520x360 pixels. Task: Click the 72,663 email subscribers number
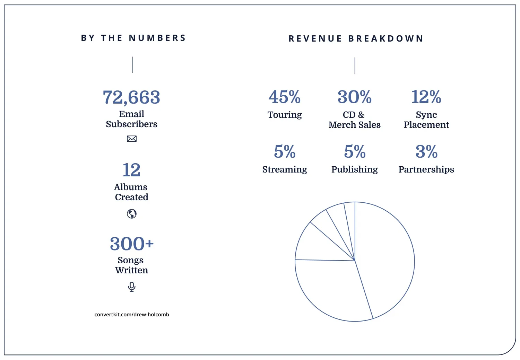coord(131,97)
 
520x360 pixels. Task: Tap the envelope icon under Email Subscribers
coord(132,139)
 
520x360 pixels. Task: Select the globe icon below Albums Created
coord(132,214)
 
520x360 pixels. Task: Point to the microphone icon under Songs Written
coord(132,287)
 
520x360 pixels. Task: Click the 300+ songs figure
coord(132,244)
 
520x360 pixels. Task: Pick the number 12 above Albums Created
coord(132,170)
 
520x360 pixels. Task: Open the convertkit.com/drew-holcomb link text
coord(132,315)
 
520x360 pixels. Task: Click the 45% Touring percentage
coord(285,97)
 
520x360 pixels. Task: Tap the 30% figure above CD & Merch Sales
coord(355,97)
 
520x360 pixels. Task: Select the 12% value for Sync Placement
coord(426,97)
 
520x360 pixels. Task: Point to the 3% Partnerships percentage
coord(426,152)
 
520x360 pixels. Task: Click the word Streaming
coord(285,169)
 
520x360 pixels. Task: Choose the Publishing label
coord(355,169)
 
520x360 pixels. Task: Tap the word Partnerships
coord(426,169)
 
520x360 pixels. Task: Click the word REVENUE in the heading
coord(315,38)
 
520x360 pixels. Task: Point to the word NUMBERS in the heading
coord(157,38)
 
